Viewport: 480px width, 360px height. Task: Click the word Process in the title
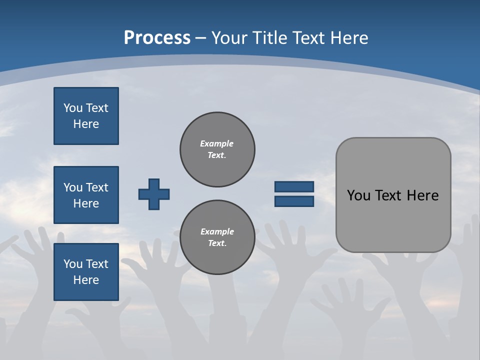click(x=157, y=38)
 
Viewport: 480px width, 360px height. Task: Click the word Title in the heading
click(x=271, y=38)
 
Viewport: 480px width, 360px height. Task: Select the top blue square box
click(x=86, y=116)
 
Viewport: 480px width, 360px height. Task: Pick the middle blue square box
click(x=86, y=195)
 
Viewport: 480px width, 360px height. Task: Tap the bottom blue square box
click(x=86, y=272)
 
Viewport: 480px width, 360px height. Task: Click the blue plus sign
click(x=154, y=194)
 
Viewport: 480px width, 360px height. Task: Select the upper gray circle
click(x=217, y=149)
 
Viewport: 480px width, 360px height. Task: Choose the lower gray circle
click(x=217, y=237)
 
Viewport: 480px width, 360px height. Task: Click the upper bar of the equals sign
click(x=294, y=186)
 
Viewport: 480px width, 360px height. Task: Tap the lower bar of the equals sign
click(x=294, y=201)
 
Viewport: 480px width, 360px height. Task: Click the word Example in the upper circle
click(x=217, y=143)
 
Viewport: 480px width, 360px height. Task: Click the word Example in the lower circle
click(x=217, y=231)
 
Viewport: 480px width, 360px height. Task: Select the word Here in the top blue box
click(x=86, y=124)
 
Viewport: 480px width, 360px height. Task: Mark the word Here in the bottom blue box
click(x=86, y=280)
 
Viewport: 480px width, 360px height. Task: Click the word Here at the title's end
click(x=349, y=38)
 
